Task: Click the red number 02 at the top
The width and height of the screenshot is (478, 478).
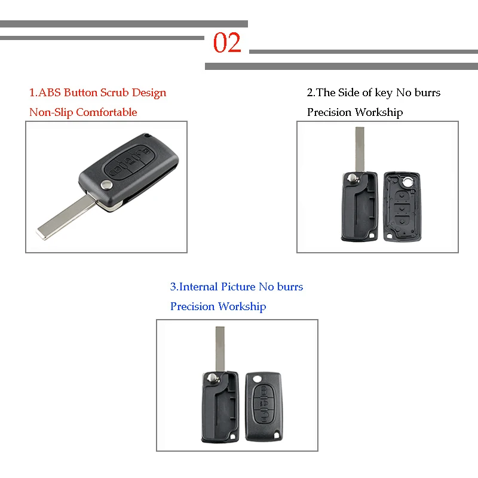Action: click(228, 43)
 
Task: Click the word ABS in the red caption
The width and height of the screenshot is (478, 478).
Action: click(50, 93)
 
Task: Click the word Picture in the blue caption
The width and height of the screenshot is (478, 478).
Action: click(238, 287)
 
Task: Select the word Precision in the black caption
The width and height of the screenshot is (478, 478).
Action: click(329, 112)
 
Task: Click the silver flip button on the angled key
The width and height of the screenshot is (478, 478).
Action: click(107, 186)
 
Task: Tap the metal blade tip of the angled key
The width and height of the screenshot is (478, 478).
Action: click(45, 231)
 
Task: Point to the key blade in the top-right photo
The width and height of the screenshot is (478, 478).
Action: click(360, 149)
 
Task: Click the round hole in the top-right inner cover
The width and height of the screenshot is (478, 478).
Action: click(408, 180)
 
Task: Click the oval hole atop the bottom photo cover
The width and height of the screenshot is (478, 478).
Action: click(258, 378)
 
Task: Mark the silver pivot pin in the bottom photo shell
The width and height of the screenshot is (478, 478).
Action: click(213, 377)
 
